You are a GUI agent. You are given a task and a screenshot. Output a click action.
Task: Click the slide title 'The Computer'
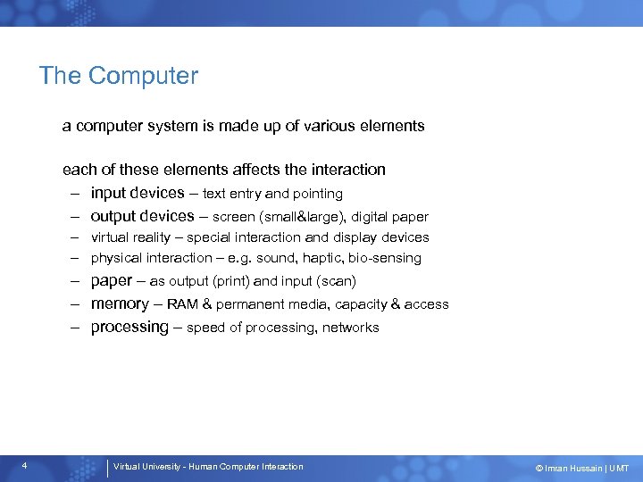click(x=118, y=76)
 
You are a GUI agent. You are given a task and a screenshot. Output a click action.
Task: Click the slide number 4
click(x=24, y=466)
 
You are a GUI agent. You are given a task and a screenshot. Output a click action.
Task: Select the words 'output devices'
click(x=142, y=216)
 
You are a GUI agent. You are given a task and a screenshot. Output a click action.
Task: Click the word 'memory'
click(x=120, y=303)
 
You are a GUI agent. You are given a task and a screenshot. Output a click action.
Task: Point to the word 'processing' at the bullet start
click(x=129, y=328)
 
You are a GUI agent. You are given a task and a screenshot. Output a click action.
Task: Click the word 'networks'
click(x=351, y=328)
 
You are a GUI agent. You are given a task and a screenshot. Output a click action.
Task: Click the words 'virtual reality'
click(x=130, y=237)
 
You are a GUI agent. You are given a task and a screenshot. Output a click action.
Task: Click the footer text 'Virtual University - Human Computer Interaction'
click(x=208, y=466)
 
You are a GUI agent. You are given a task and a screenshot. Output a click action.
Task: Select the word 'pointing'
click(x=318, y=194)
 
